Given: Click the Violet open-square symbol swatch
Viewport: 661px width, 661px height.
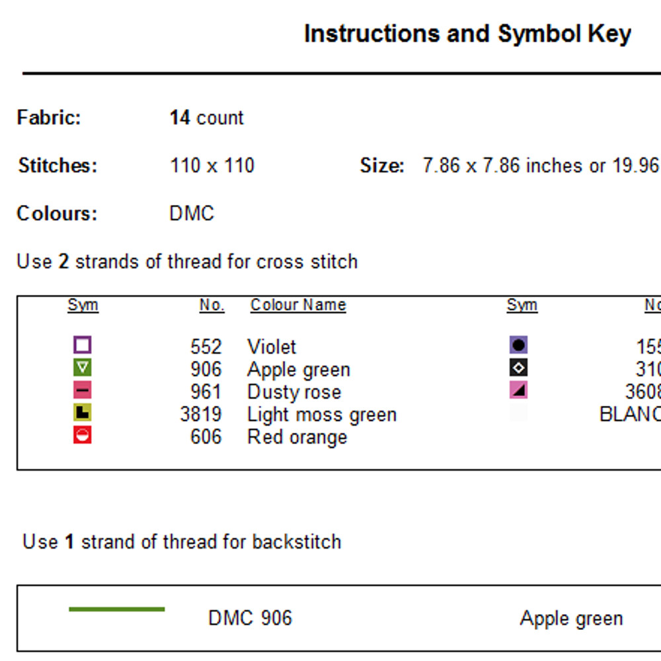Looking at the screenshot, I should coord(83,345).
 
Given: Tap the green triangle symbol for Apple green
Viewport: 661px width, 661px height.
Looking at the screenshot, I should coord(83,368).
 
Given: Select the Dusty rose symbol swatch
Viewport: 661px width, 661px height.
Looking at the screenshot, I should coord(83,390).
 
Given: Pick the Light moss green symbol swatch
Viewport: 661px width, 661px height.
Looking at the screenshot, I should coord(83,413).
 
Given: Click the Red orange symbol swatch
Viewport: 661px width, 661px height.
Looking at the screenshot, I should coord(83,435).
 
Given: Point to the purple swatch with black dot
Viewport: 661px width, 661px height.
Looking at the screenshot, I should coord(519,345).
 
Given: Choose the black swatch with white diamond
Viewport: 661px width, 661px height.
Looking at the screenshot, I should coord(519,368).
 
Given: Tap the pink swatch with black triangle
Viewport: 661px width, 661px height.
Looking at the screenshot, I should coord(519,390).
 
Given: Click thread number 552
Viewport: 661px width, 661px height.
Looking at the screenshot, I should coord(206,347).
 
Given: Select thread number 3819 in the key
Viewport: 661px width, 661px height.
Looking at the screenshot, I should coord(201,414).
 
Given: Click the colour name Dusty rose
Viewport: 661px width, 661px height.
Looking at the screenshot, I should coord(294,392).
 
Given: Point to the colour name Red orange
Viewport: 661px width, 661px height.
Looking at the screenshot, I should coord(297,437).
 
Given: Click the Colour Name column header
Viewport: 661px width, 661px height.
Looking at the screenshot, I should coord(298,305).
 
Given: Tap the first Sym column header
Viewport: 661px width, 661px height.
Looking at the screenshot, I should coord(83,305).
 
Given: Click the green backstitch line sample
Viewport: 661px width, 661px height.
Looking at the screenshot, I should coord(116,609).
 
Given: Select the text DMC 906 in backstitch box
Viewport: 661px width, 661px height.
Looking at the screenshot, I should coord(250,618).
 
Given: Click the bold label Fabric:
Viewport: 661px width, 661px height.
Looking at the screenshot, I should coord(49,118).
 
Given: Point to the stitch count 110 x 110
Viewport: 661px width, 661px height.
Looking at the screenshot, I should coord(212,165).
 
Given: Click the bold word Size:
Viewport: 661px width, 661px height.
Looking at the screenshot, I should coord(382,165).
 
